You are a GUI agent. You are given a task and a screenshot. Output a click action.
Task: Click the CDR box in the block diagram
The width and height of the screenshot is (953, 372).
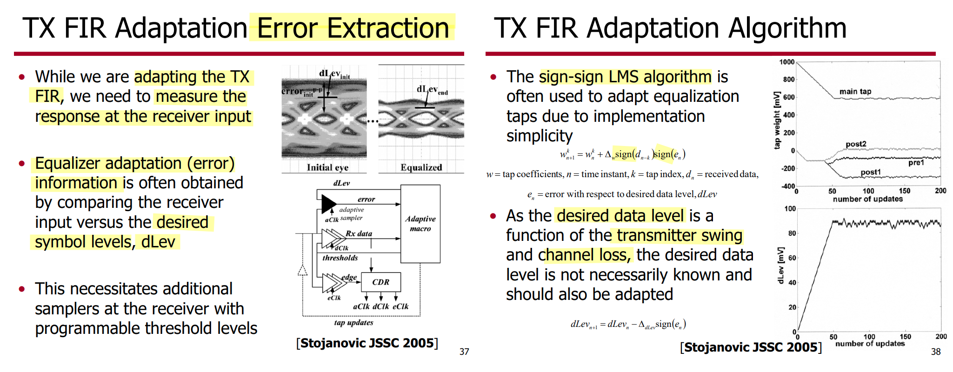(x=380, y=282)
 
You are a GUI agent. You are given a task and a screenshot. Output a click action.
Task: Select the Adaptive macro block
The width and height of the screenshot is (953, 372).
(x=420, y=224)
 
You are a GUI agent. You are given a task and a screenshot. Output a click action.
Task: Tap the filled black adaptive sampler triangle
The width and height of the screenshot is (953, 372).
(x=328, y=204)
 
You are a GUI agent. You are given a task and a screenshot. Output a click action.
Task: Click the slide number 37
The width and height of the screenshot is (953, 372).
(x=464, y=352)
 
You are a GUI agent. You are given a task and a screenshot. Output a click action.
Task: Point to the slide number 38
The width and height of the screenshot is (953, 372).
(x=936, y=352)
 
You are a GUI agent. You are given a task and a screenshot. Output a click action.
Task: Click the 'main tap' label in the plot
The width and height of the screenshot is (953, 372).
(x=855, y=92)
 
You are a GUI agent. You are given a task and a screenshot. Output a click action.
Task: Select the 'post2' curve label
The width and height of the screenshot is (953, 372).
(x=856, y=144)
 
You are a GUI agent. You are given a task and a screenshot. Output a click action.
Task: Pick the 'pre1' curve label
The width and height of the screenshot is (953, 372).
(x=916, y=163)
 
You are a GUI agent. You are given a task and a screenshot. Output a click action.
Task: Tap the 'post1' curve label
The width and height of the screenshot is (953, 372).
(x=870, y=173)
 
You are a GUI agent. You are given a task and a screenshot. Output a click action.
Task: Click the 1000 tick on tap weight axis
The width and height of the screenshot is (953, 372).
(x=787, y=62)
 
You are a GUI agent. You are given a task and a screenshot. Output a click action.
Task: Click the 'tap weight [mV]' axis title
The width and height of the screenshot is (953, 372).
(x=776, y=120)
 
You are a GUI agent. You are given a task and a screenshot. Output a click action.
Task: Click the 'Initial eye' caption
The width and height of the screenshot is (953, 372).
(x=327, y=167)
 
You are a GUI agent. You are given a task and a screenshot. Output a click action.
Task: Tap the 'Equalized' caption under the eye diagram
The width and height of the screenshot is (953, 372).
(x=421, y=167)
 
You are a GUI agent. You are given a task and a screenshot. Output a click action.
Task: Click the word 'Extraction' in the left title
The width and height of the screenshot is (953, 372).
(x=388, y=28)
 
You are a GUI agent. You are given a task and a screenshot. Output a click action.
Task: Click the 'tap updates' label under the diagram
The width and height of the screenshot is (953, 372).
(x=353, y=323)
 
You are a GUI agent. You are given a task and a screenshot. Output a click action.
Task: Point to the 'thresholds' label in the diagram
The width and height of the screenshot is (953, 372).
(x=340, y=258)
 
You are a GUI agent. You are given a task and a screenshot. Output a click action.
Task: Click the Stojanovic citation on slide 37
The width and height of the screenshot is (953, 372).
(x=367, y=343)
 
